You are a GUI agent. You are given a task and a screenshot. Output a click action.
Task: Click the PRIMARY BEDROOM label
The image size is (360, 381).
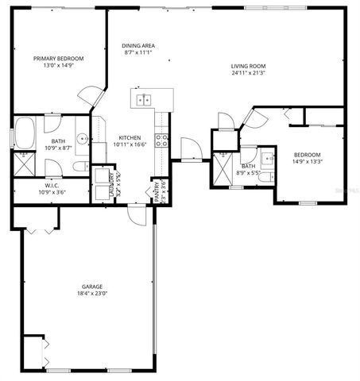[58, 58]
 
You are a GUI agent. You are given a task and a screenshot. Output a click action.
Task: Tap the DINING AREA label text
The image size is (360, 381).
[138, 45]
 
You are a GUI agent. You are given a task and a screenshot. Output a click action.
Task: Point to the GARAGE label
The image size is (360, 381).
[92, 286]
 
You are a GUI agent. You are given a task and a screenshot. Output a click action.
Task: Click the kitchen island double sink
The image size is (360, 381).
[145, 99]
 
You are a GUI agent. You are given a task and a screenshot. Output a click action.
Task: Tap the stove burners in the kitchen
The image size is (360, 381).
[162, 140]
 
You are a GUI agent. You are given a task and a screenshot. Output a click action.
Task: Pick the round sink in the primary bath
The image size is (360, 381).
[82, 133]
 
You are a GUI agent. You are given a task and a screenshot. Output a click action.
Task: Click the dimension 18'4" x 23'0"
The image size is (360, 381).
[92, 294]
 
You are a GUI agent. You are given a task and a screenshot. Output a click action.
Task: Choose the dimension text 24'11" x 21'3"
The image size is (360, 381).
[248, 73]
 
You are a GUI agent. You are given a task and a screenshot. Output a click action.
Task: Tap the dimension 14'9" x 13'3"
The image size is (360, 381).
[307, 161]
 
